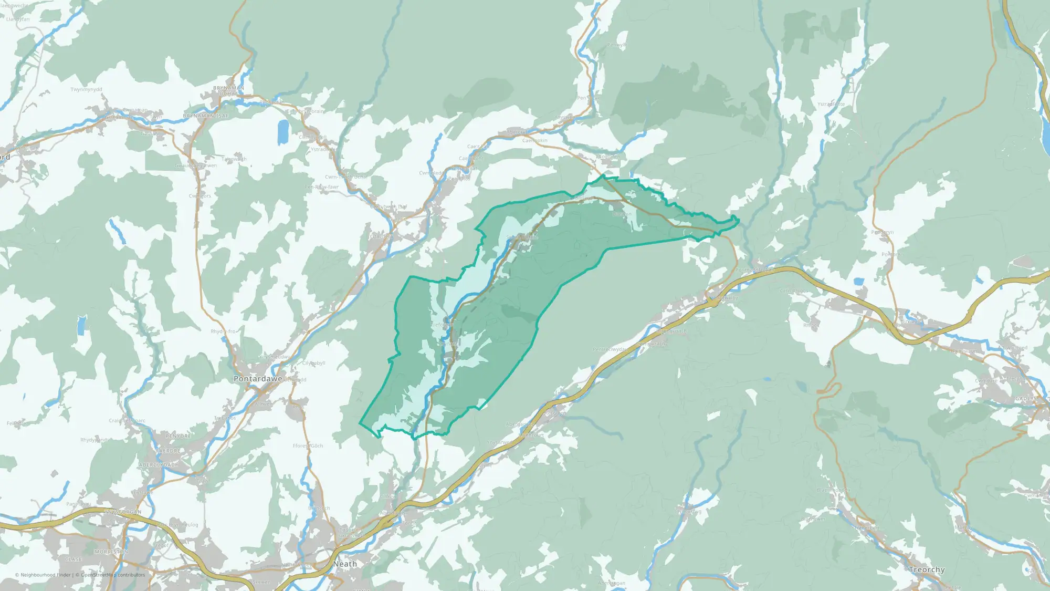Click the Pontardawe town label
tap(258, 379)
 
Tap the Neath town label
tap(345, 564)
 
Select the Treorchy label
tap(927, 569)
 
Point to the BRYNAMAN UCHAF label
tap(228, 91)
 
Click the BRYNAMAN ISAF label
tap(205, 116)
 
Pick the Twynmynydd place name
tap(87, 89)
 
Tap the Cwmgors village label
tap(199, 196)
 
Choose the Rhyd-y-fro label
tap(223, 331)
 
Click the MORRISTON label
tap(111, 552)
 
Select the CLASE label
tap(73, 559)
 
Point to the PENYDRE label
tap(178, 436)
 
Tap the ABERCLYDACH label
tap(159, 465)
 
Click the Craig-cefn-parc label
tap(127, 421)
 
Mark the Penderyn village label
tap(882, 232)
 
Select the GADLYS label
tap(1026, 399)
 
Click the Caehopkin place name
tap(534, 140)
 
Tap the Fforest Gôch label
tap(308, 446)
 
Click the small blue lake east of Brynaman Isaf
tap(283, 131)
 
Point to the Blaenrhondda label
tap(833, 490)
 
